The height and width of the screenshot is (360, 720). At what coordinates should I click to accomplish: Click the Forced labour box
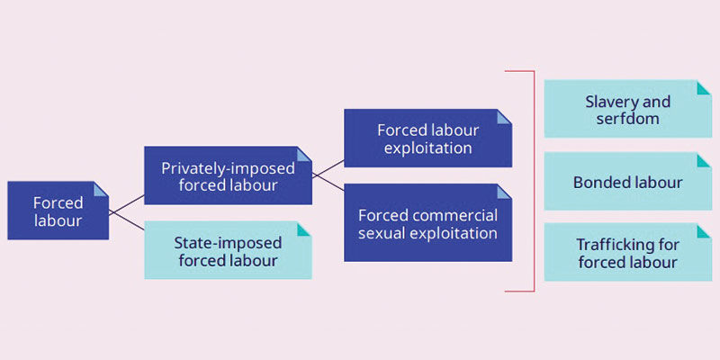[x=58, y=211]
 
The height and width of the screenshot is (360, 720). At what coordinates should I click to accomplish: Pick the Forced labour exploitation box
[x=427, y=138]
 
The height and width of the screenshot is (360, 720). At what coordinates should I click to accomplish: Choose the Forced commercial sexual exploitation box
[x=427, y=222]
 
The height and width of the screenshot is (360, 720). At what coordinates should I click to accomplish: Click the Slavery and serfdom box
[x=627, y=111]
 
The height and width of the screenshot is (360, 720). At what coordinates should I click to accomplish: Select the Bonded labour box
[x=627, y=183]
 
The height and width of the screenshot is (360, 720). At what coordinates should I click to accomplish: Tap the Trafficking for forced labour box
[x=627, y=253]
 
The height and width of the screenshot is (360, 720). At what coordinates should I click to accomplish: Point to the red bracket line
[x=533, y=180]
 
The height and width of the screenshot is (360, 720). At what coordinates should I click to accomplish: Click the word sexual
[x=384, y=233]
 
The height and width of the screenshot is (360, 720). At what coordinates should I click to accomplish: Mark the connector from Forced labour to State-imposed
[x=127, y=224]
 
